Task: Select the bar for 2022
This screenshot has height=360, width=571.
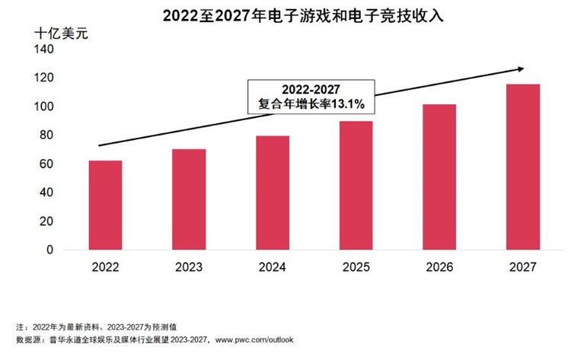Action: pyautogui.click(x=105, y=205)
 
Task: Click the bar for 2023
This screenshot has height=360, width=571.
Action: pyautogui.click(x=189, y=199)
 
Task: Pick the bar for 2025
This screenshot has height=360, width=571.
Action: pyautogui.click(x=356, y=186)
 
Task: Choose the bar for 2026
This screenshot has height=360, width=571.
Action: pyautogui.click(x=439, y=177)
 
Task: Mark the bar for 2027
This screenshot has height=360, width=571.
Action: pyautogui.click(x=523, y=167)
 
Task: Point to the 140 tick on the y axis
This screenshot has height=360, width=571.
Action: pyautogui.click(x=45, y=49)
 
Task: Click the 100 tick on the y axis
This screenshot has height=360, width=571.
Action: pyautogui.click(x=45, y=107)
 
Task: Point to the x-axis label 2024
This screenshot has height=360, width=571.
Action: pyautogui.click(x=273, y=267)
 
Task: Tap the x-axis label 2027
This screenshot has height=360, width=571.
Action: pyautogui.click(x=523, y=267)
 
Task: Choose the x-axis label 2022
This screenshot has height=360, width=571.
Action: pyautogui.click(x=105, y=267)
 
